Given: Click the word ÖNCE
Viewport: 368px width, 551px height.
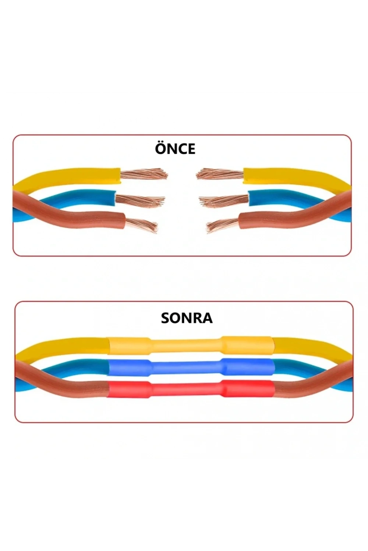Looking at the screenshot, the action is point(175,148).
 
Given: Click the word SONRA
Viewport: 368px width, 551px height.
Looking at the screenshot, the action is point(187,318).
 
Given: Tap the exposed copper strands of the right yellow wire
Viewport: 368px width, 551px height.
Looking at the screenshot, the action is point(220,174).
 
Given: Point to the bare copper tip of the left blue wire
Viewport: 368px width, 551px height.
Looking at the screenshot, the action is point(140,201).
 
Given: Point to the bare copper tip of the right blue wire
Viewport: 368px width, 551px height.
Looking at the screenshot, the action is point(224,202).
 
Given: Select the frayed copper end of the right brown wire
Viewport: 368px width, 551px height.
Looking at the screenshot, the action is point(223,225).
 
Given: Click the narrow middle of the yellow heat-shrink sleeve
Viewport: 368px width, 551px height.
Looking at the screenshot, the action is point(186,345).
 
